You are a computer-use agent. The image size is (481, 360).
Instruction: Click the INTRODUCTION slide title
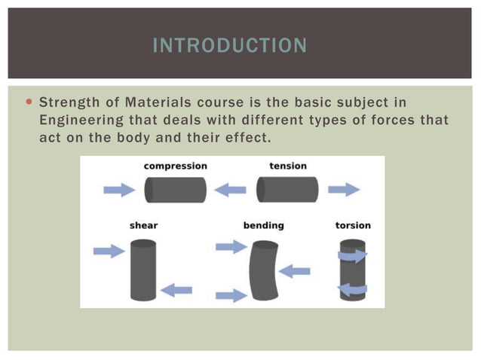click(229, 46)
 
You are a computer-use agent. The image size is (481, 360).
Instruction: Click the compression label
click(175, 166)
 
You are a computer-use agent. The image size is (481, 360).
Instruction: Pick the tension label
click(286, 166)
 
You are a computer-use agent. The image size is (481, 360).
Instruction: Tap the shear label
click(144, 225)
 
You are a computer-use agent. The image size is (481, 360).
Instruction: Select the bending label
click(263, 225)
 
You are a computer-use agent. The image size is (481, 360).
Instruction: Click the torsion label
click(353, 225)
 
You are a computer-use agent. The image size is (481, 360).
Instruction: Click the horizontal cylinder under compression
click(175, 190)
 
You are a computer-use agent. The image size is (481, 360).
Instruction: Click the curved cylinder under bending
click(263, 270)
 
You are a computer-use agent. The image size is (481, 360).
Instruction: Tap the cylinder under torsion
click(352, 270)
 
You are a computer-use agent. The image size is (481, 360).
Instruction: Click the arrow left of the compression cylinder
click(118, 190)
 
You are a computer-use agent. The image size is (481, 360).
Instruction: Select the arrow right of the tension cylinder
click(343, 190)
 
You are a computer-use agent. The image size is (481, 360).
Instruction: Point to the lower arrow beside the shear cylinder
click(176, 289)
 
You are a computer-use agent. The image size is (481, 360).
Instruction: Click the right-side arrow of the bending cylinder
click(295, 270)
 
